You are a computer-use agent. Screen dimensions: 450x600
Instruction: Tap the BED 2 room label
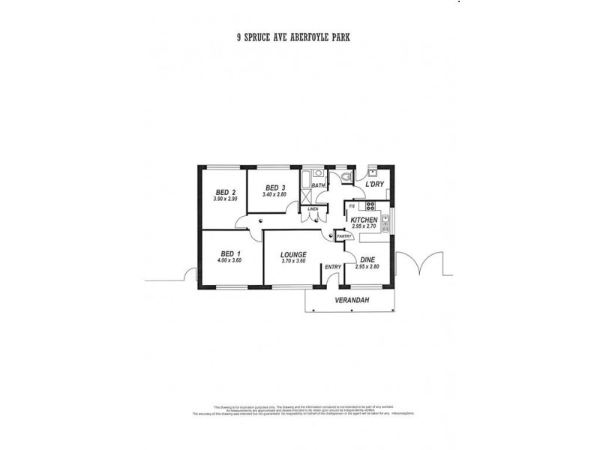(x=225, y=192)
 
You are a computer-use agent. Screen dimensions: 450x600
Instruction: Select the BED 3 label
(x=275, y=187)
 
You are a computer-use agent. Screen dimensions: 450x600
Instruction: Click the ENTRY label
(x=332, y=267)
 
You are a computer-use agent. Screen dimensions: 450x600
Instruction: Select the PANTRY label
(x=344, y=236)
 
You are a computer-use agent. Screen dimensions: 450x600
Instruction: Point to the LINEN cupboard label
(x=311, y=208)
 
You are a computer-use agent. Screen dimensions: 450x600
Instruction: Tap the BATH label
(x=318, y=185)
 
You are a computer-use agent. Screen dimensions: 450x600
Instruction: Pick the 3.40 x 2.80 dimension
(x=275, y=194)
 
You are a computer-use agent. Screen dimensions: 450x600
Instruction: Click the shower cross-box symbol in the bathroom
(x=307, y=193)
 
